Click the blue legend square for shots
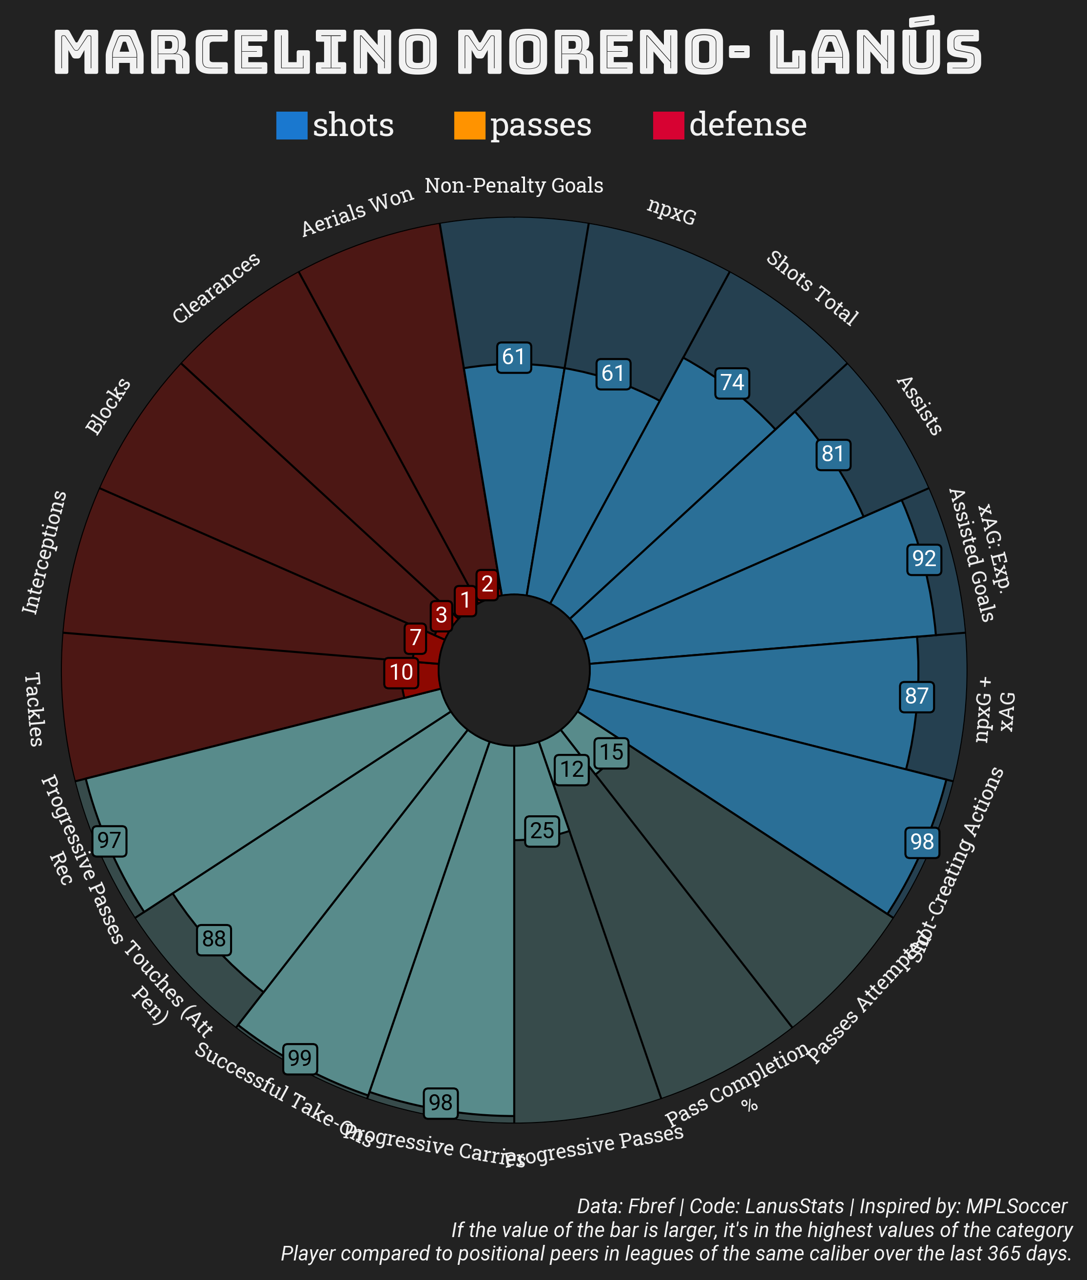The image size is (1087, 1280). tap(291, 126)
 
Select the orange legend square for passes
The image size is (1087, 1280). tap(469, 126)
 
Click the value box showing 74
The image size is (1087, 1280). tap(732, 383)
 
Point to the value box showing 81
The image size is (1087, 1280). tap(833, 454)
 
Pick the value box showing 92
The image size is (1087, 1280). tap(924, 559)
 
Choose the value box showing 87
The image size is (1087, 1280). tap(917, 696)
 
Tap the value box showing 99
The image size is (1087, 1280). tap(300, 1059)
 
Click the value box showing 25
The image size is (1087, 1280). tap(542, 831)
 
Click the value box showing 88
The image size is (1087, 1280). tap(214, 939)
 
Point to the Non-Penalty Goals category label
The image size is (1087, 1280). tap(514, 185)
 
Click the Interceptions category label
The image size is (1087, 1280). tap(44, 552)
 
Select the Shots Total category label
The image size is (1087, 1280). tap(812, 288)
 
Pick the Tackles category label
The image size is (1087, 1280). tap(34, 709)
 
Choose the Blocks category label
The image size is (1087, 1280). tap(108, 406)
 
